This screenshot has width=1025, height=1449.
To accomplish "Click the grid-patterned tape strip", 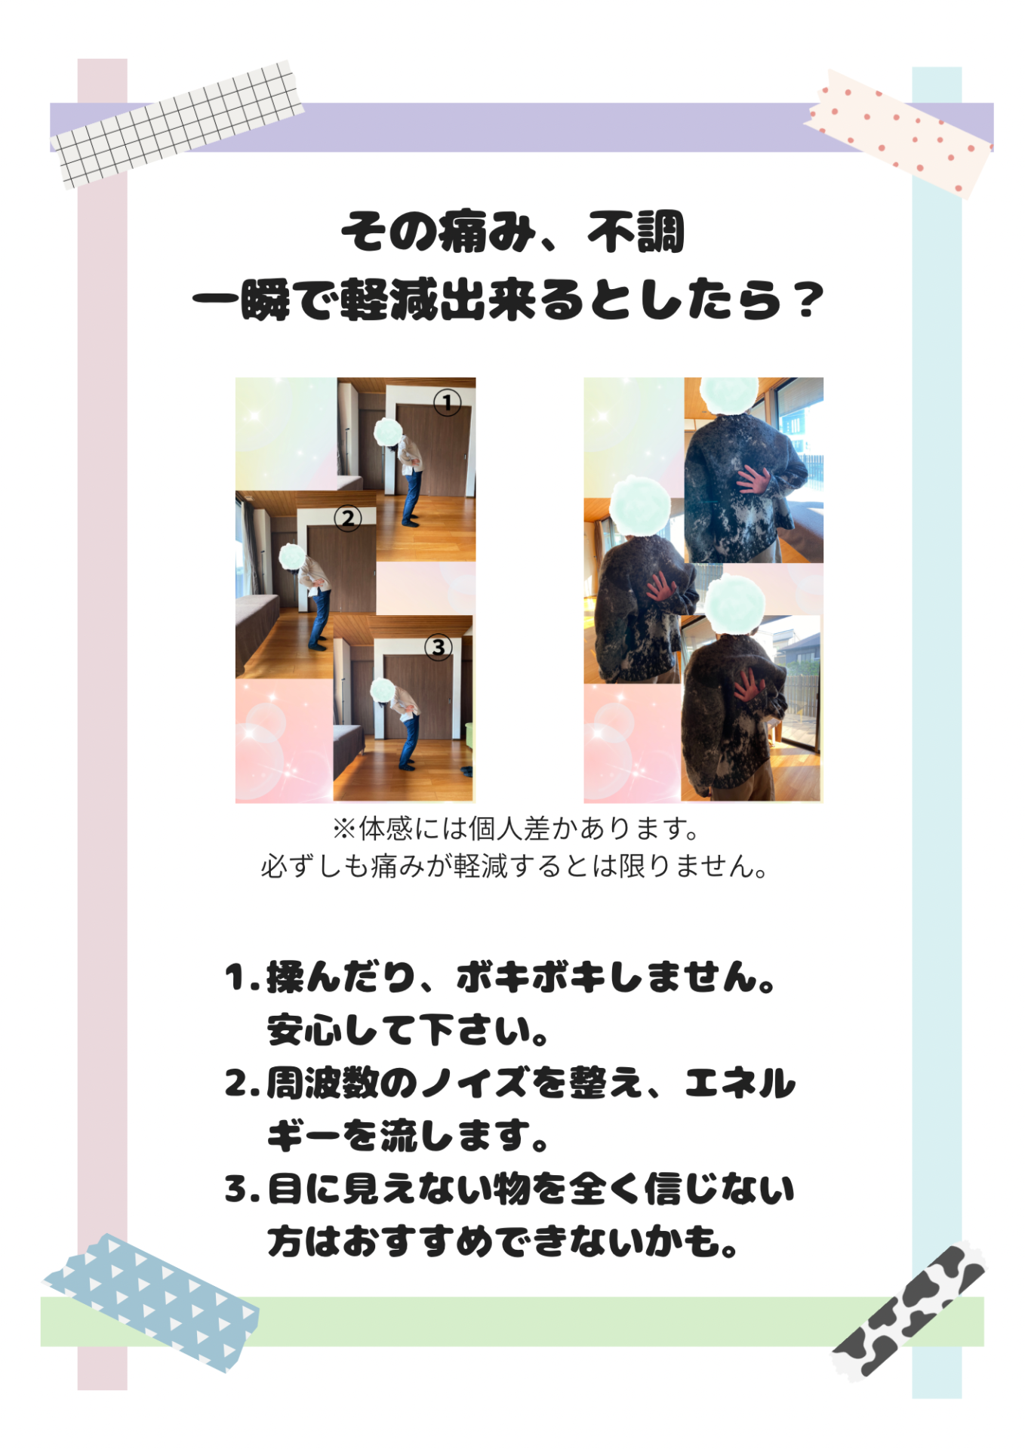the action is pos(178,124).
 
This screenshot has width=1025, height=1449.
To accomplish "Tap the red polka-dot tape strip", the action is pos(899,134).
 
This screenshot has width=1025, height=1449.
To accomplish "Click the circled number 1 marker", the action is pos(447,402).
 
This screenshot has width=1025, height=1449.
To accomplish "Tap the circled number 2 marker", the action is pos(348,518).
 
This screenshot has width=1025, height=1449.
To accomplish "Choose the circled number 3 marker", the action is pos(439,647).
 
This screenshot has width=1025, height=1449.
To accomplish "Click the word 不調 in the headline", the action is pos(636,232).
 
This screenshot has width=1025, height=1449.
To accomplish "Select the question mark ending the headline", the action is pos(809,300).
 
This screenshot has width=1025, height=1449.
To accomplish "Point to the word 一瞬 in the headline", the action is pos(242,300).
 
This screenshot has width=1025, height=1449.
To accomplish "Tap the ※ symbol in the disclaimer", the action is pos(344,829).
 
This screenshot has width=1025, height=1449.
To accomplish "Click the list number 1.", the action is pos(236,977).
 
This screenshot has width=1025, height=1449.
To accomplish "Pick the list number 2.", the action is pos(238,1084).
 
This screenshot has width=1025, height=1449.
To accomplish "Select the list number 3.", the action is pos(238,1189).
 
